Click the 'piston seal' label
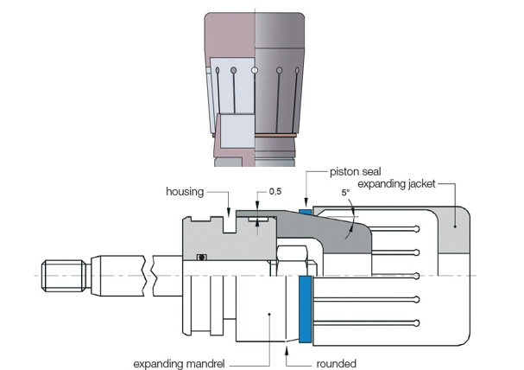356,172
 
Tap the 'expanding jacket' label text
396,184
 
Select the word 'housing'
185,192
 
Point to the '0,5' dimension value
275,191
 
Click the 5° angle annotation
345,193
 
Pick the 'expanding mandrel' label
179,364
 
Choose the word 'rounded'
336,364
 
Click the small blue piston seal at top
305,212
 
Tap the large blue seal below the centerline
305,309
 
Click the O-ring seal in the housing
201,258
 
